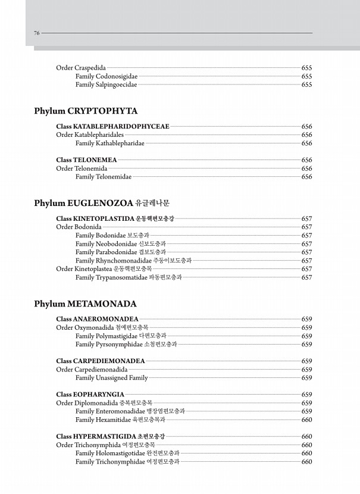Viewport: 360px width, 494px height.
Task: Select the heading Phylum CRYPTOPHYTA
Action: click(86, 111)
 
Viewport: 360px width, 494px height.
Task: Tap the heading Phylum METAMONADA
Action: click(85, 304)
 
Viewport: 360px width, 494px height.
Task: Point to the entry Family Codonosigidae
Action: click(107, 76)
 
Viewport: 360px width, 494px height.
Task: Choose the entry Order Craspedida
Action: click(81, 68)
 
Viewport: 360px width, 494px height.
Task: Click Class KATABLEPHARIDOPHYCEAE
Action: click(112, 126)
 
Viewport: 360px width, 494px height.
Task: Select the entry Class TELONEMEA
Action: click(86, 160)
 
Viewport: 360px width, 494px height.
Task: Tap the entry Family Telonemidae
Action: click(104, 177)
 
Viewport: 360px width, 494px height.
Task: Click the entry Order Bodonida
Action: click(79, 227)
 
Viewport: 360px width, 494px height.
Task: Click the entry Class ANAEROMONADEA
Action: click(97, 319)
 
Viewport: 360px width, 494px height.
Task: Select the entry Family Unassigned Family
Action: click(111, 378)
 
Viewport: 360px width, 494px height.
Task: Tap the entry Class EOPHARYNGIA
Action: click(90, 394)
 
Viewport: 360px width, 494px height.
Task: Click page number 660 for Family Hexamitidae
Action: click(307, 420)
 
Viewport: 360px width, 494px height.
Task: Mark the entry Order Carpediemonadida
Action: click(92, 370)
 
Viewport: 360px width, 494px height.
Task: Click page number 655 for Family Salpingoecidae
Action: click(307, 85)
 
